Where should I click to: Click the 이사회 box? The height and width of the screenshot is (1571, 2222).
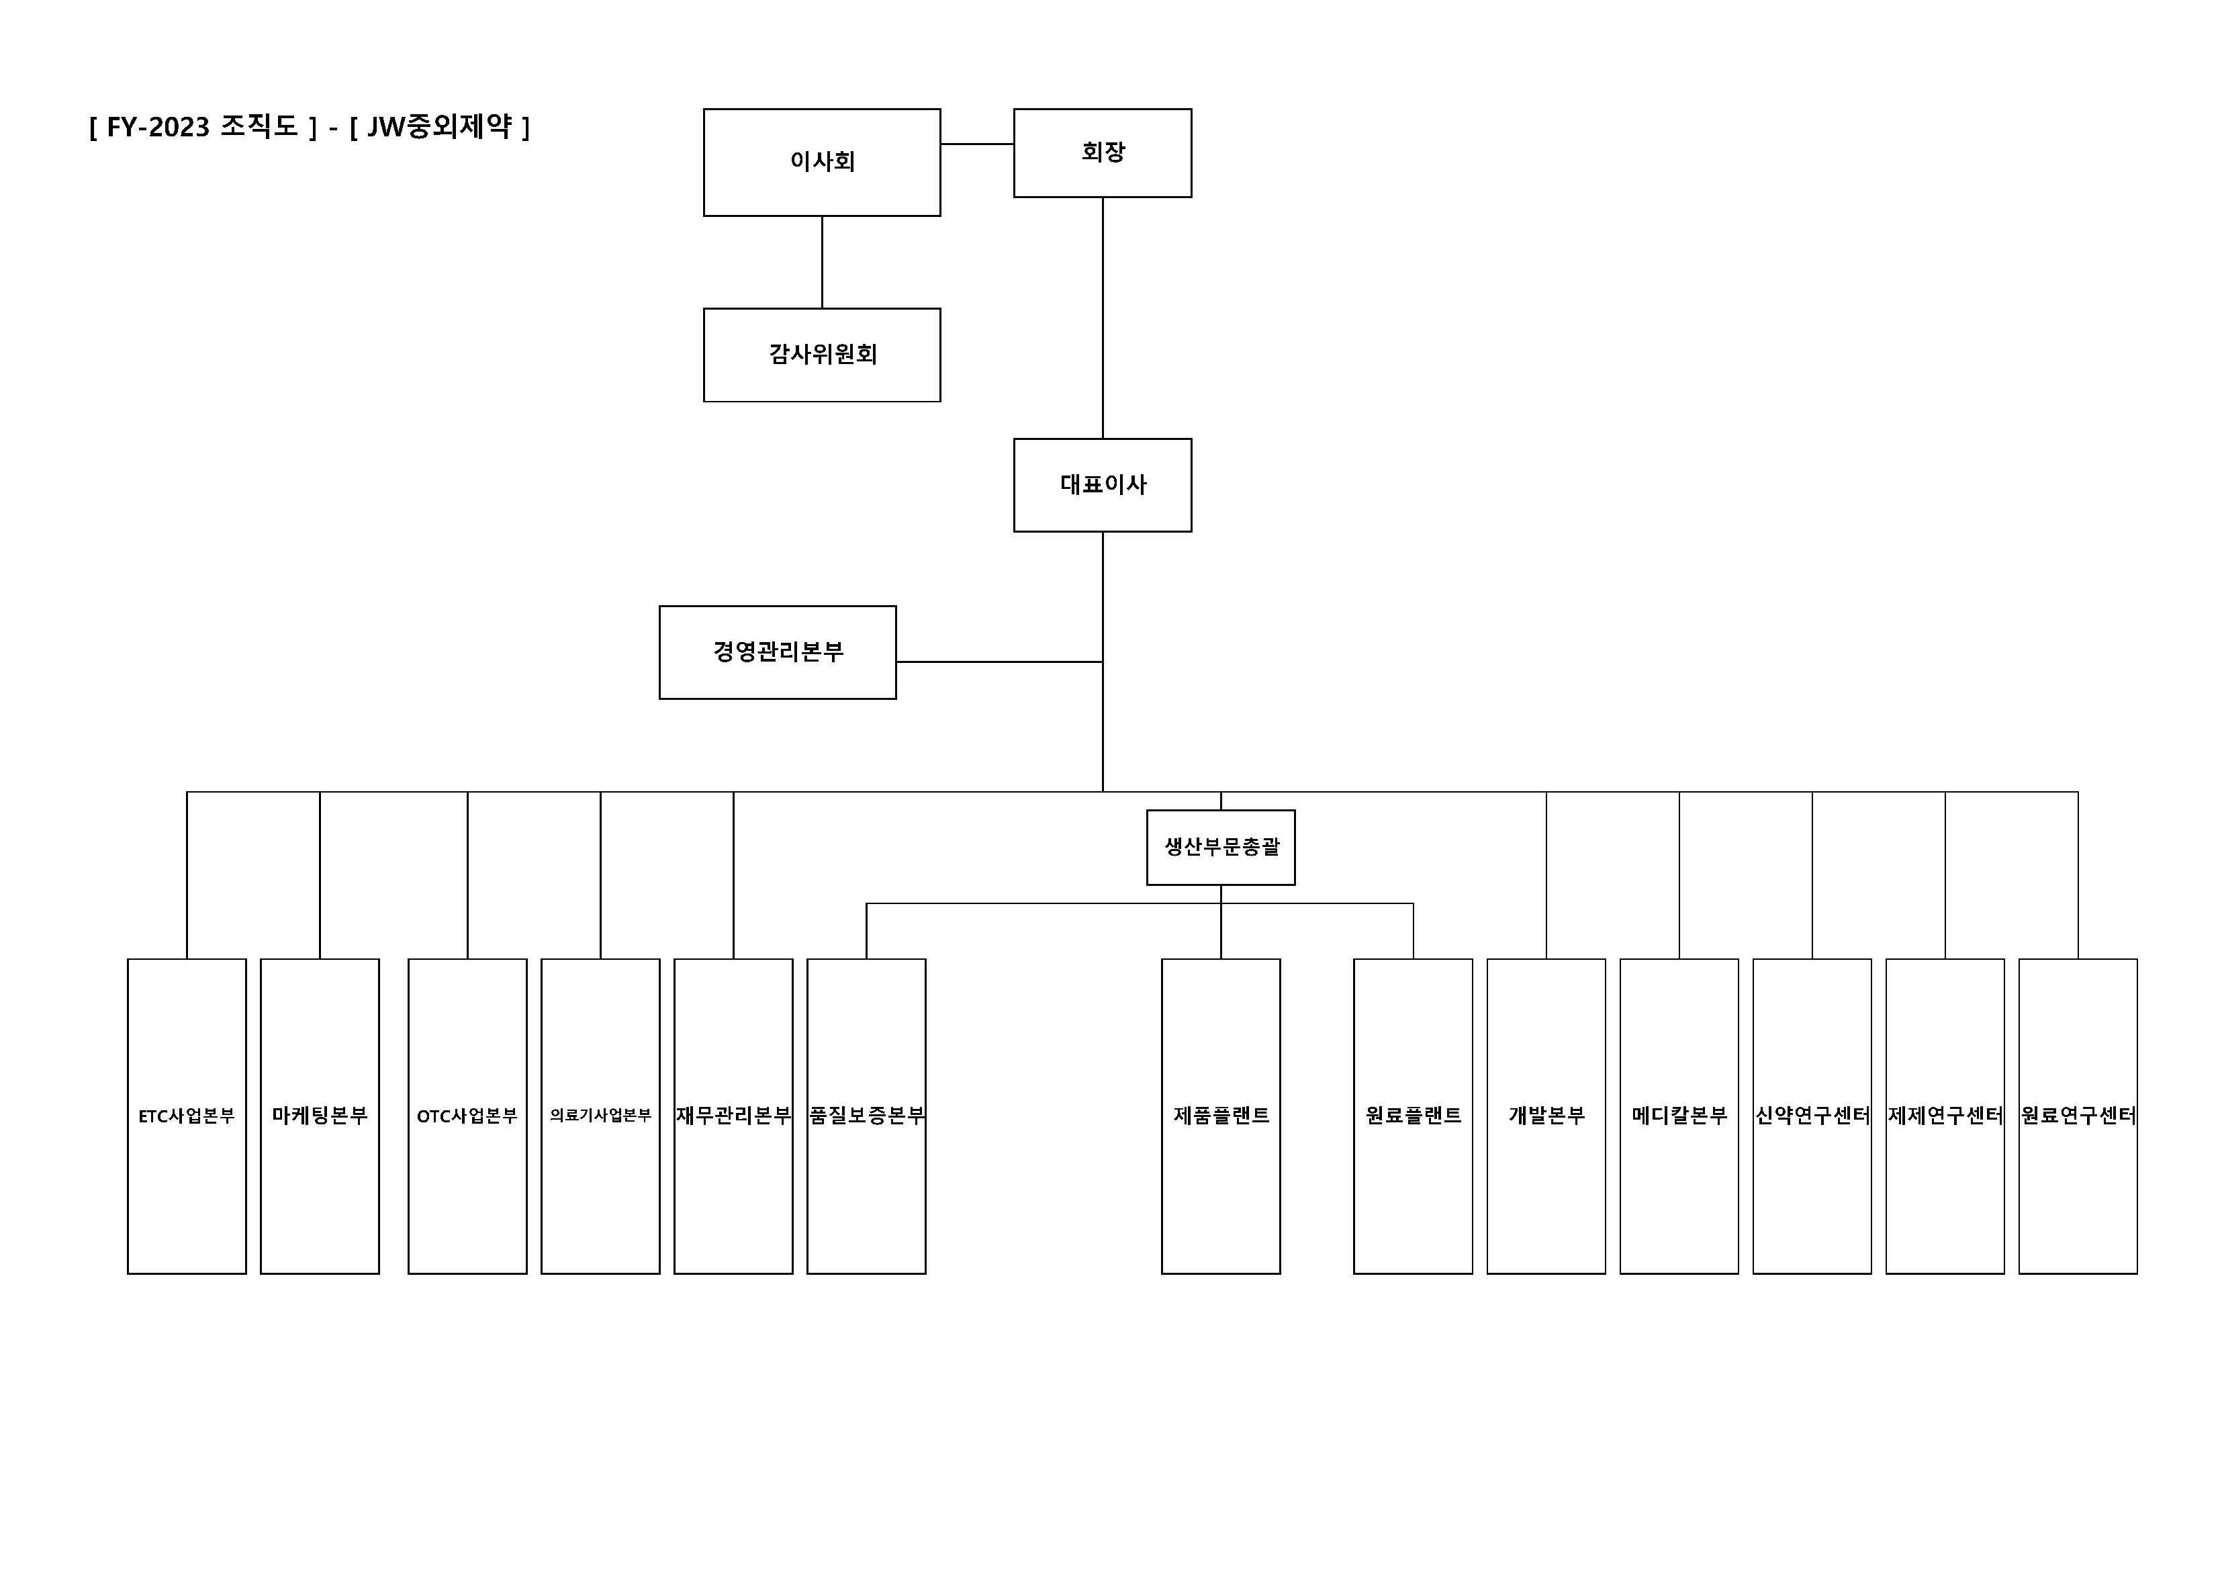pyautogui.click(x=822, y=162)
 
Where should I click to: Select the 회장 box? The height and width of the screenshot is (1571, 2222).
pyautogui.click(x=1103, y=153)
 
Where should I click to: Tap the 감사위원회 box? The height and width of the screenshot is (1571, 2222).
pyautogui.click(x=822, y=354)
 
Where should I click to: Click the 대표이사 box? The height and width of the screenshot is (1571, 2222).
pyautogui.click(x=1103, y=485)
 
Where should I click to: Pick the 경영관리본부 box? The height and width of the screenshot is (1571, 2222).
pyautogui.click(x=777, y=652)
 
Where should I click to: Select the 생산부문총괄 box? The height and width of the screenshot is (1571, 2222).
pyautogui.click(x=1220, y=847)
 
